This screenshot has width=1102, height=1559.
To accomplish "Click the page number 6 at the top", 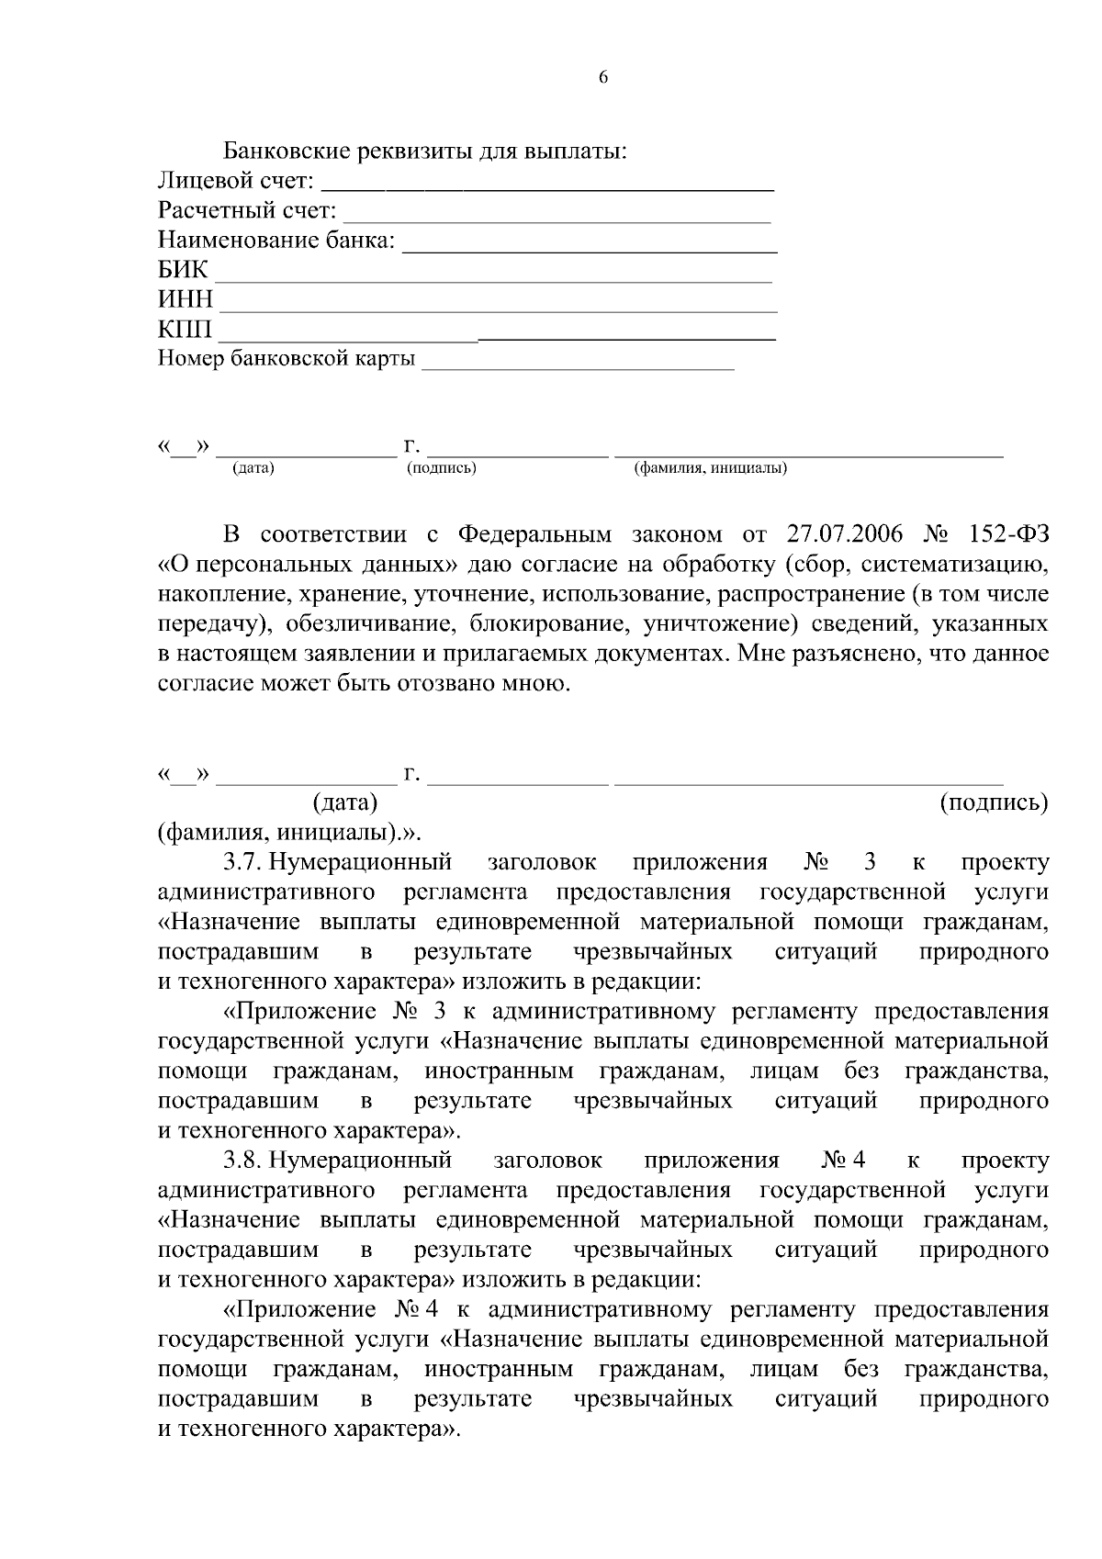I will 603,78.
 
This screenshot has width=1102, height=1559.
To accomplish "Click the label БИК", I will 184,271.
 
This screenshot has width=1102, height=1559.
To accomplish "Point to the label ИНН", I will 186,300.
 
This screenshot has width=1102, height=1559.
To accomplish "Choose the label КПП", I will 185,330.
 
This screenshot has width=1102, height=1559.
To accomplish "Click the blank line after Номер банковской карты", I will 578,366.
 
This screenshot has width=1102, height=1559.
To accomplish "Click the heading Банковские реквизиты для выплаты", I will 425,151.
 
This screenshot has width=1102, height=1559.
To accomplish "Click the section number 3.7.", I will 243,862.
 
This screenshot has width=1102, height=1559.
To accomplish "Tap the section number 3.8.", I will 243,1161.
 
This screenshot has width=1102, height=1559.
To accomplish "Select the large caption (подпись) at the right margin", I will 995,802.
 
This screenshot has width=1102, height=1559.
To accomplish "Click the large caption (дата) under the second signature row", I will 345,802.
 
